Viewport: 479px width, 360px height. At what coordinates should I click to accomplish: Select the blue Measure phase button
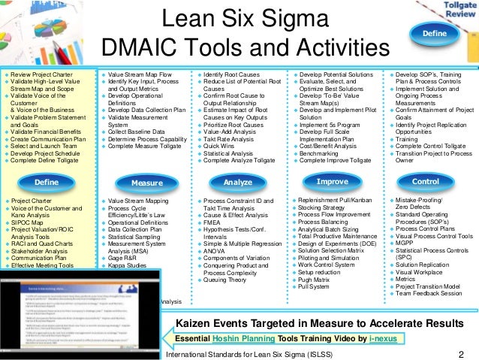147,183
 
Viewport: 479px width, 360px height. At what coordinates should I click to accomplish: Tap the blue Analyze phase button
238,183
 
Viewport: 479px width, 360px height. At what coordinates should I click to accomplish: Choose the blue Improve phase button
332,181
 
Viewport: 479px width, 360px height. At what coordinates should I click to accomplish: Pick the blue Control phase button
426,182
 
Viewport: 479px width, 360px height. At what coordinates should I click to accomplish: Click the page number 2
461,353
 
